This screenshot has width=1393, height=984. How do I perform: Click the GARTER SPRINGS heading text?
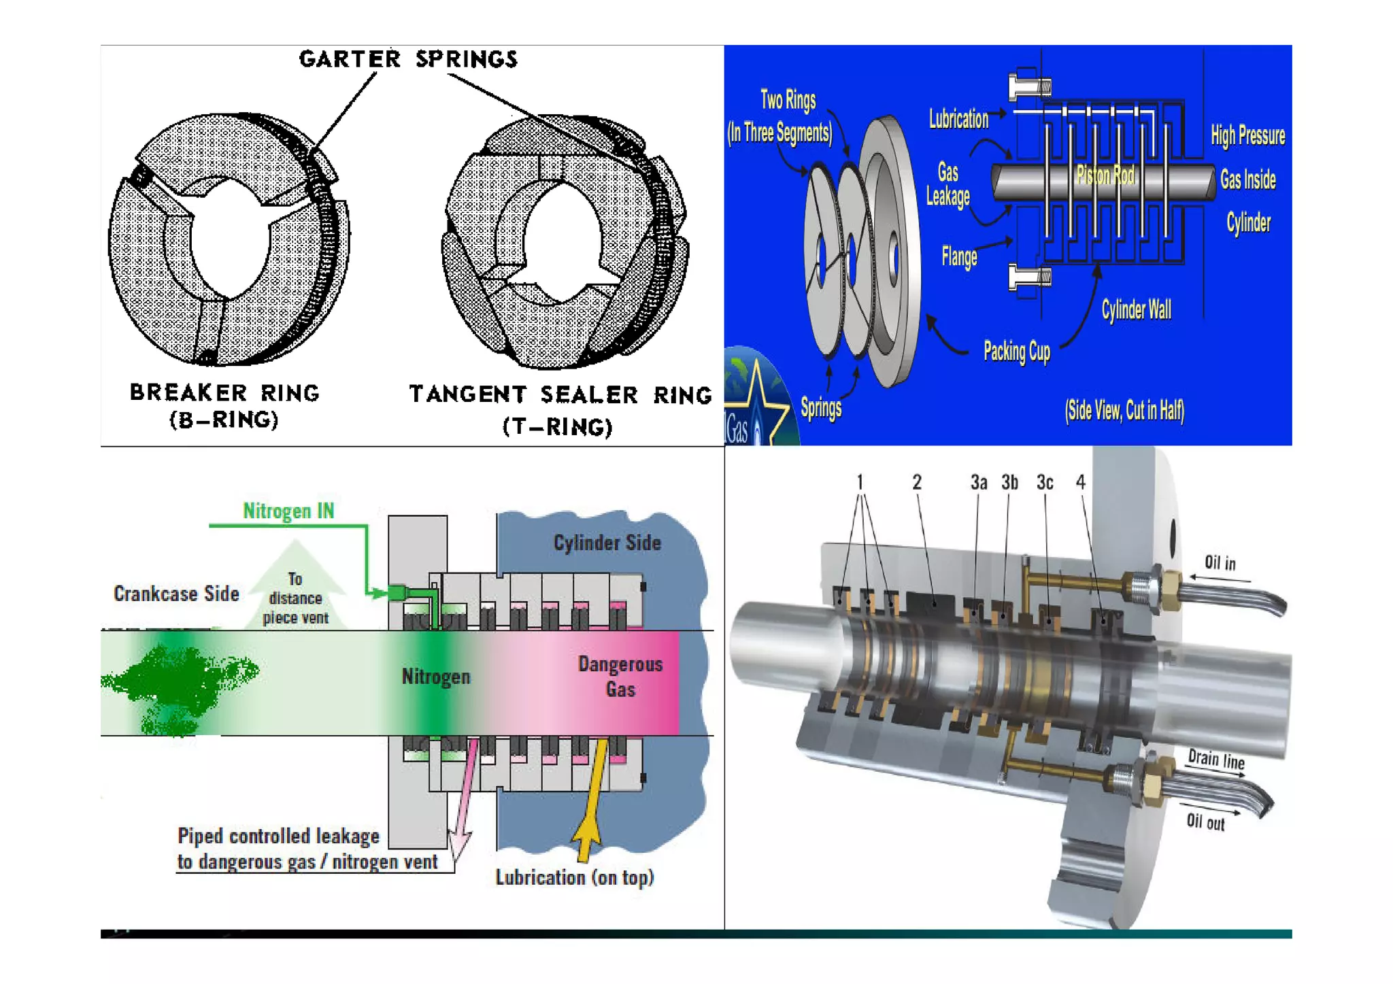pos(408,59)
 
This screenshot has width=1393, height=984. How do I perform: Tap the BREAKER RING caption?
pos(224,393)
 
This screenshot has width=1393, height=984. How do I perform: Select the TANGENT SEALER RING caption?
pos(560,395)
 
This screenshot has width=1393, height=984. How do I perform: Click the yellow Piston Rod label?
pos(1105,175)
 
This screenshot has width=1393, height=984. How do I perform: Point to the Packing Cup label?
pos(1017,351)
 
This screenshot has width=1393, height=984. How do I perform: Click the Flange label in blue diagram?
pos(959,256)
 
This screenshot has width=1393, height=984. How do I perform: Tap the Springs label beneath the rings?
pos(821,407)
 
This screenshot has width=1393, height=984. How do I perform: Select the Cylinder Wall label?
pos(1136,310)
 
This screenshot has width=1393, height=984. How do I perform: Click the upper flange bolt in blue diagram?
pos(1029,87)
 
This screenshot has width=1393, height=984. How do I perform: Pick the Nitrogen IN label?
pos(288,511)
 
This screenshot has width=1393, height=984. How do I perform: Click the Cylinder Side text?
pos(607,543)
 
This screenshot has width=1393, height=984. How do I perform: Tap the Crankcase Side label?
pos(176,594)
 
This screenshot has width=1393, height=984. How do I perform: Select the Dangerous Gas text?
pos(620,676)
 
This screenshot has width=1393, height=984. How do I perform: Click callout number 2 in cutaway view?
pos(917,482)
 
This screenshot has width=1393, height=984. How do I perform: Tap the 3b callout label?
pos(1009,482)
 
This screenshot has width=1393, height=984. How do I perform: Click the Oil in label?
pos(1220,563)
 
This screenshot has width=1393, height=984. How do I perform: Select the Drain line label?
pos(1216,759)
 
